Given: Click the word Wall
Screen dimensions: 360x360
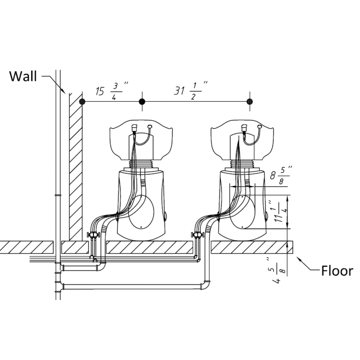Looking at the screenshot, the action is click(x=23, y=76).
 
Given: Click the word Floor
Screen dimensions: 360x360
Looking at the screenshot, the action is click(x=337, y=271).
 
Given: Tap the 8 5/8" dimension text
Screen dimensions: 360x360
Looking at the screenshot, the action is click(x=281, y=176).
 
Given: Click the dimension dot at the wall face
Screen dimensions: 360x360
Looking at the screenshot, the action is click(x=82, y=102).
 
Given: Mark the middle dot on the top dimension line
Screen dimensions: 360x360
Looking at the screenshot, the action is click(x=142, y=102).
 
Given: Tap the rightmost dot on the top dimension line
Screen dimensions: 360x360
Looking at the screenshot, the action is click(x=250, y=102).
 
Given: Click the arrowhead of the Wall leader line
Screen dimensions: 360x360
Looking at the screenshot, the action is click(x=64, y=91).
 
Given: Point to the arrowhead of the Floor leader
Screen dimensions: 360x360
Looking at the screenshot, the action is click(x=299, y=259).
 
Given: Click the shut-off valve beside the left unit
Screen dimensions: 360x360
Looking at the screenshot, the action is click(x=94, y=235).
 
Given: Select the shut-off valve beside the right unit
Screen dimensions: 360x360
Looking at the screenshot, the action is click(x=197, y=235).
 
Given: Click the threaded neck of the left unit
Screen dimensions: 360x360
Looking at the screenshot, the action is click(x=141, y=163).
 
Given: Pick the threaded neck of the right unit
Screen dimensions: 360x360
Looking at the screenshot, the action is click(x=242, y=163).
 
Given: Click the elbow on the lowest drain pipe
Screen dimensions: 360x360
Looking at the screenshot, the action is click(x=205, y=285).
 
